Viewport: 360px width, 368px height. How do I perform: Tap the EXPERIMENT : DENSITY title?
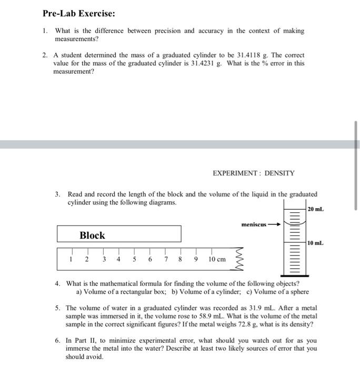tap(253, 173)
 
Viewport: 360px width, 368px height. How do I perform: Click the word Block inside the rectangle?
tap(92, 236)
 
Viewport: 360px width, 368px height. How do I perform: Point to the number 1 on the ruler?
tap(71, 259)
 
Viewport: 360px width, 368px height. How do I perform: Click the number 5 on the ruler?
tap(134, 259)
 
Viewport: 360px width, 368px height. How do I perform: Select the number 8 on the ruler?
tap(181, 259)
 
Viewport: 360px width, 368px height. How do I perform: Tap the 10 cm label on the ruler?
tap(216, 259)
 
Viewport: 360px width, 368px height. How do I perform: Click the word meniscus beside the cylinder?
tap(255, 224)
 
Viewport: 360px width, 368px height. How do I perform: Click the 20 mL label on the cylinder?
tap(316, 209)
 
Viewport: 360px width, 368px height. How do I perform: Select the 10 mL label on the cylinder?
tap(316, 243)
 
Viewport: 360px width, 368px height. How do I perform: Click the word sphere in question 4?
tap(298, 292)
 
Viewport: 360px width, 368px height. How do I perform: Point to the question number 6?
tap(58, 341)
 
